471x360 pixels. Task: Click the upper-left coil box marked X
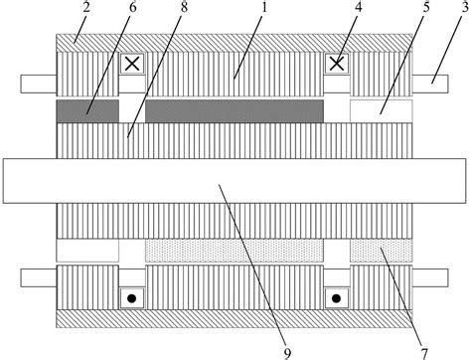[x=131, y=65]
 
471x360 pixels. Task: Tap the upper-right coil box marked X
[x=337, y=65]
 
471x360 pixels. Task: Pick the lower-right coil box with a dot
[x=337, y=296]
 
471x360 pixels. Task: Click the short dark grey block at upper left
[x=86, y=110]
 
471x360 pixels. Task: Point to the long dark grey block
[x=235, y=110]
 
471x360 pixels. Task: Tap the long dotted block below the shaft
[x=235, y=251]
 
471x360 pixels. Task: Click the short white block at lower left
[x=86, y=251]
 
